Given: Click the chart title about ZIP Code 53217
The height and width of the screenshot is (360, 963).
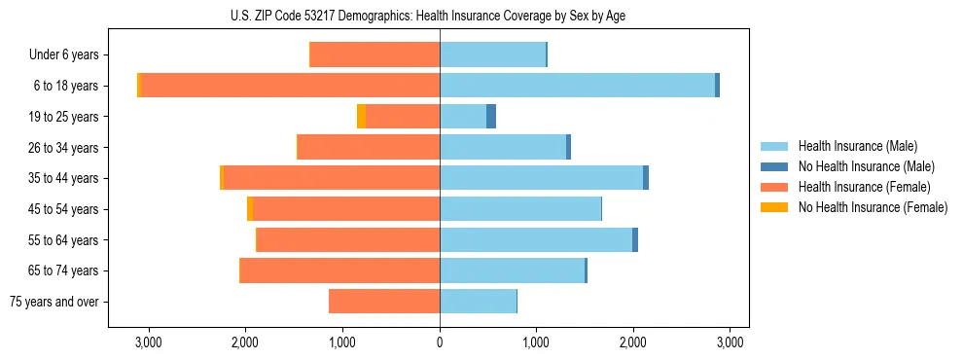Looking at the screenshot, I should point(440,15).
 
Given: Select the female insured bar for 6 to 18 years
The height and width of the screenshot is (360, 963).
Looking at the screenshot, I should point(290,86).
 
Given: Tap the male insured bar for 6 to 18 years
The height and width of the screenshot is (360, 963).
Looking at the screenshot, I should point(577,86).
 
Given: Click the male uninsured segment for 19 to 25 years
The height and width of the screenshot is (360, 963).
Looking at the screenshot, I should point(491,117).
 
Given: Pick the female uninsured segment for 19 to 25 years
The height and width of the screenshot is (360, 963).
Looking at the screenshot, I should point(361,117).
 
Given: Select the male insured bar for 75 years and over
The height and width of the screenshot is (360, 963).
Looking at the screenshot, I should point(478,302).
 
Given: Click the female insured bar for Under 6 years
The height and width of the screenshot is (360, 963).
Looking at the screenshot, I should point(374,55).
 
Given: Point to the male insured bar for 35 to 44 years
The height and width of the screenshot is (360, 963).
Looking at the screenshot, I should point(541,178).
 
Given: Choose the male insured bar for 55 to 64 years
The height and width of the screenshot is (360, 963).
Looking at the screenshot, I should point(536,240).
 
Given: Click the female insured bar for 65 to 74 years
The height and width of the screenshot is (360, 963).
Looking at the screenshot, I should point(340,270).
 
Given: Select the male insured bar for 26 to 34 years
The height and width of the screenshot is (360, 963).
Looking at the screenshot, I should point(503,148).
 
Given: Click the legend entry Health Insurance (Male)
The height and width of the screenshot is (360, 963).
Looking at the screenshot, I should point(857,146).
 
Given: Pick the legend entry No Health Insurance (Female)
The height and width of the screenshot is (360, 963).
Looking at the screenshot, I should point(873,207).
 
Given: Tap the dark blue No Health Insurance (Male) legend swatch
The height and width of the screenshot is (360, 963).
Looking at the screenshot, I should point(774,166).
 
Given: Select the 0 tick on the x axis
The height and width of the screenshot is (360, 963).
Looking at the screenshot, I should point(440,342).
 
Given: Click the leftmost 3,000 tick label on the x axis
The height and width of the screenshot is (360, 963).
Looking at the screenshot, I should point(148,342).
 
